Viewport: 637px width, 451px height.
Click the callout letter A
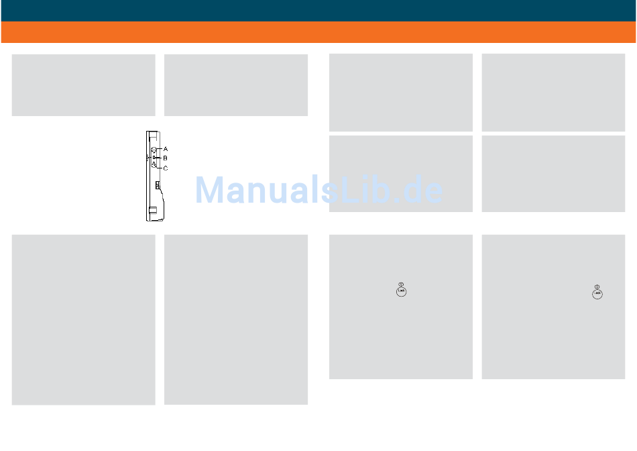click(x=166, y=148)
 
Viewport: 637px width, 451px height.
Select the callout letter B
click(x=166, y=158)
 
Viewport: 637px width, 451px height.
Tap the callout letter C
click(x=166, y=168)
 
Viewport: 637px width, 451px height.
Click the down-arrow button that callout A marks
click(x=154, y=149)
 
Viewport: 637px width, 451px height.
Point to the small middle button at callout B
click(x=154, y=158)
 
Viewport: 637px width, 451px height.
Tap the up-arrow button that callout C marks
click(x=154, y=165)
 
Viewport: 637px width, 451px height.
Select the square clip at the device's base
click(x=154, y=211)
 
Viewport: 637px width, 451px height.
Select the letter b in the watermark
click(x=371, y=191)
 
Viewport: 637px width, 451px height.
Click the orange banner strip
click(x=318, y=32)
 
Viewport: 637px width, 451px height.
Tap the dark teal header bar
click(x=318, y=10)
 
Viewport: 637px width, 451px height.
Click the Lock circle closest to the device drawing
click(x=400, y=291)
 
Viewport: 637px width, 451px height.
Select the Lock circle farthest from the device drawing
click(x=597, y=293)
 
